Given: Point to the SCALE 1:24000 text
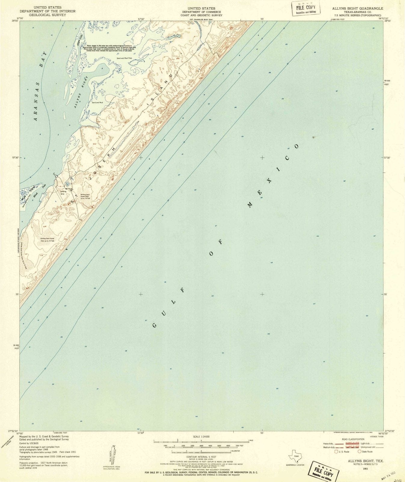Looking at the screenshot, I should click(201, 437).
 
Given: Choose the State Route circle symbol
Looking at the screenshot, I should click(359, 452).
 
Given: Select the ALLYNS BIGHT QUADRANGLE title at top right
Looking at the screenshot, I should click(357, 8).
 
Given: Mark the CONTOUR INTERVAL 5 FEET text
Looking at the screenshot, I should click(201, 457).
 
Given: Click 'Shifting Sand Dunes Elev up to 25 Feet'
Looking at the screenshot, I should click(47, 239).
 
